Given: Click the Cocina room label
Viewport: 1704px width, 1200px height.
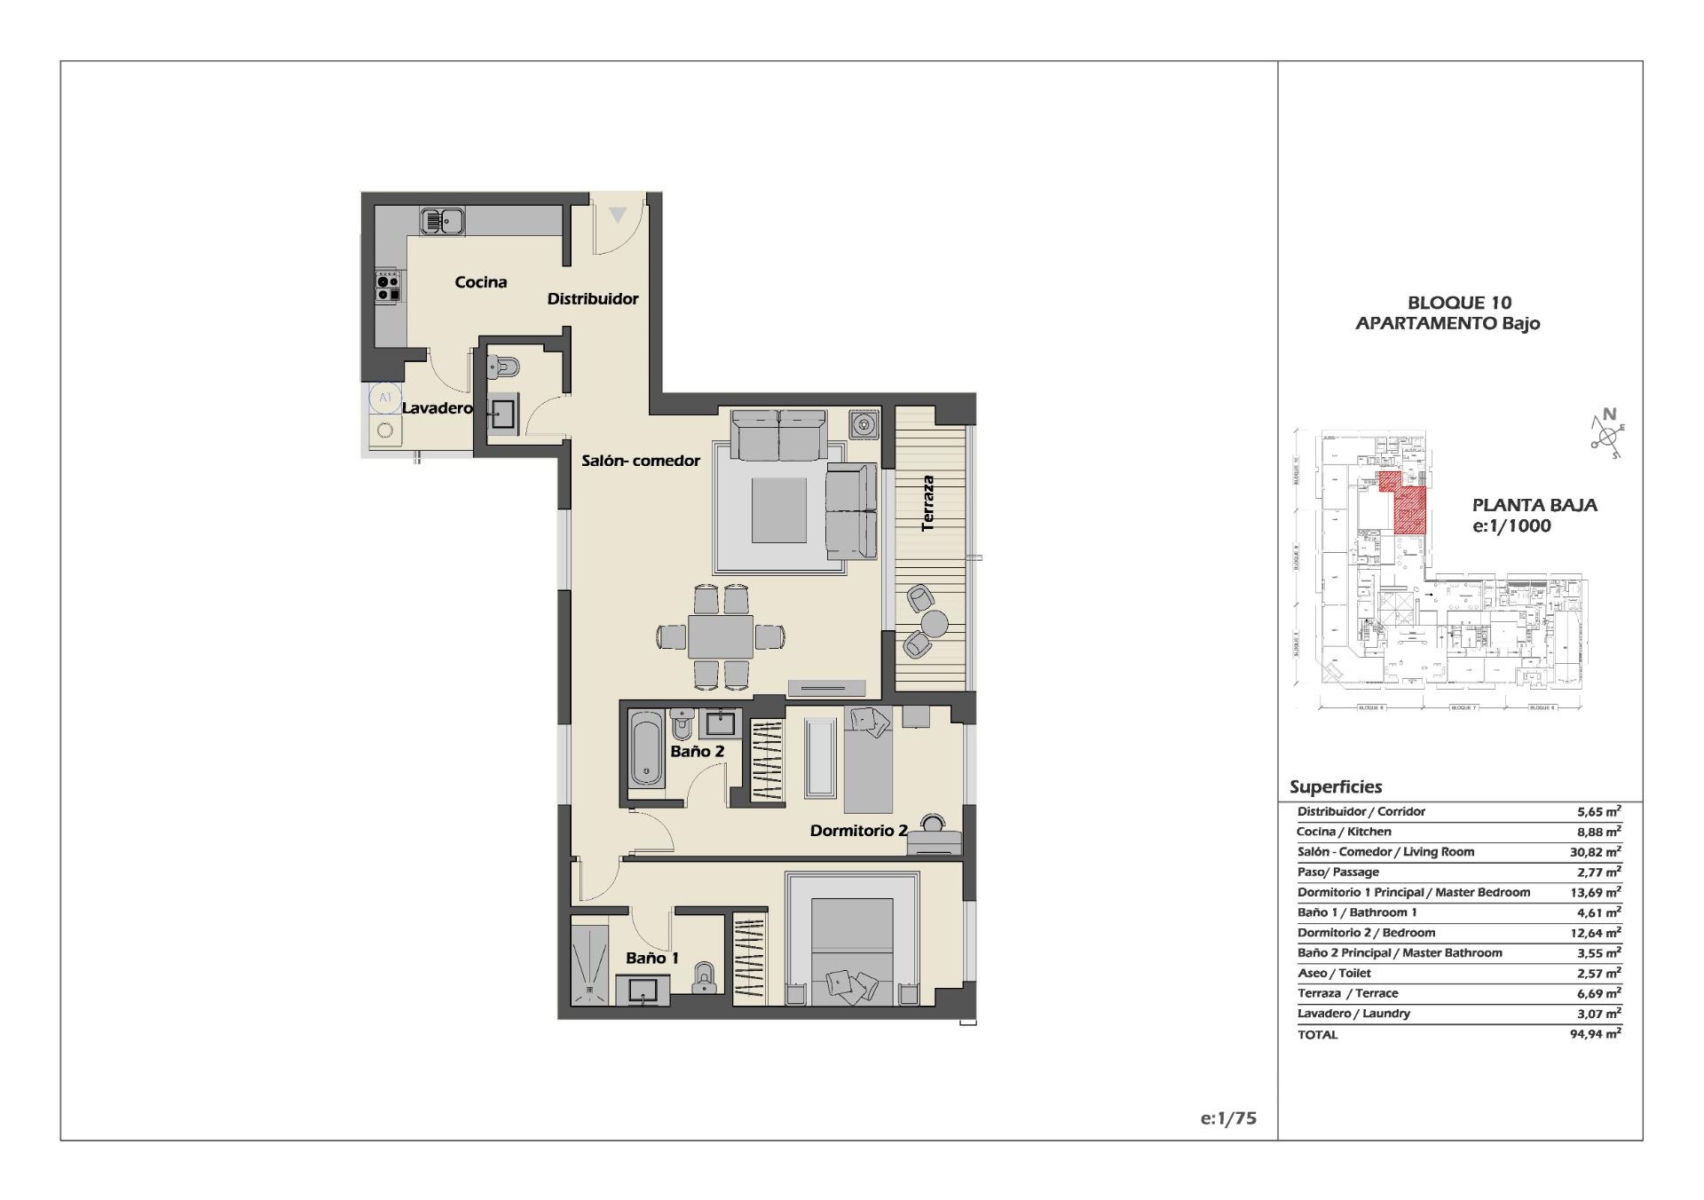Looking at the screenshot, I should point(480,282).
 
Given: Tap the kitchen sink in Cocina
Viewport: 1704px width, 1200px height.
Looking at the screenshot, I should point(442,220).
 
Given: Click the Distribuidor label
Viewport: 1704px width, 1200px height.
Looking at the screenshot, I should point(592,299).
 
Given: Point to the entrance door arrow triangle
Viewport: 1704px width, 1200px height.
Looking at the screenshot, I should point(618,215).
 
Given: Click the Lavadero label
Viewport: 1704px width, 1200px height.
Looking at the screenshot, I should point(437,408).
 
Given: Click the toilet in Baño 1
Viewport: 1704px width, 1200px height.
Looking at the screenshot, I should point(705,979).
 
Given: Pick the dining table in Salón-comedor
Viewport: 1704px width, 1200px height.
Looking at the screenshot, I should point(721,636).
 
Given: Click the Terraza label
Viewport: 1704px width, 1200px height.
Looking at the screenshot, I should point(928,503).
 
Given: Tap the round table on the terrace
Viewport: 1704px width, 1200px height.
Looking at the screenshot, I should point(934,623).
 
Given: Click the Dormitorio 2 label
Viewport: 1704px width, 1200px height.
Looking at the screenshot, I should point(858,831).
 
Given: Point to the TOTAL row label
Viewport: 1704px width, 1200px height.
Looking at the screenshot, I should point(1317,1034).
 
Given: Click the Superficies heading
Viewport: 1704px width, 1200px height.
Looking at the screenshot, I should point(1336,786).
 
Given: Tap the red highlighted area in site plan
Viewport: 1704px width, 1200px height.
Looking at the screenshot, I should point(1410,506).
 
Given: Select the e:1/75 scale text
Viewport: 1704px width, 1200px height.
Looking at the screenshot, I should point(1228,1118).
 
